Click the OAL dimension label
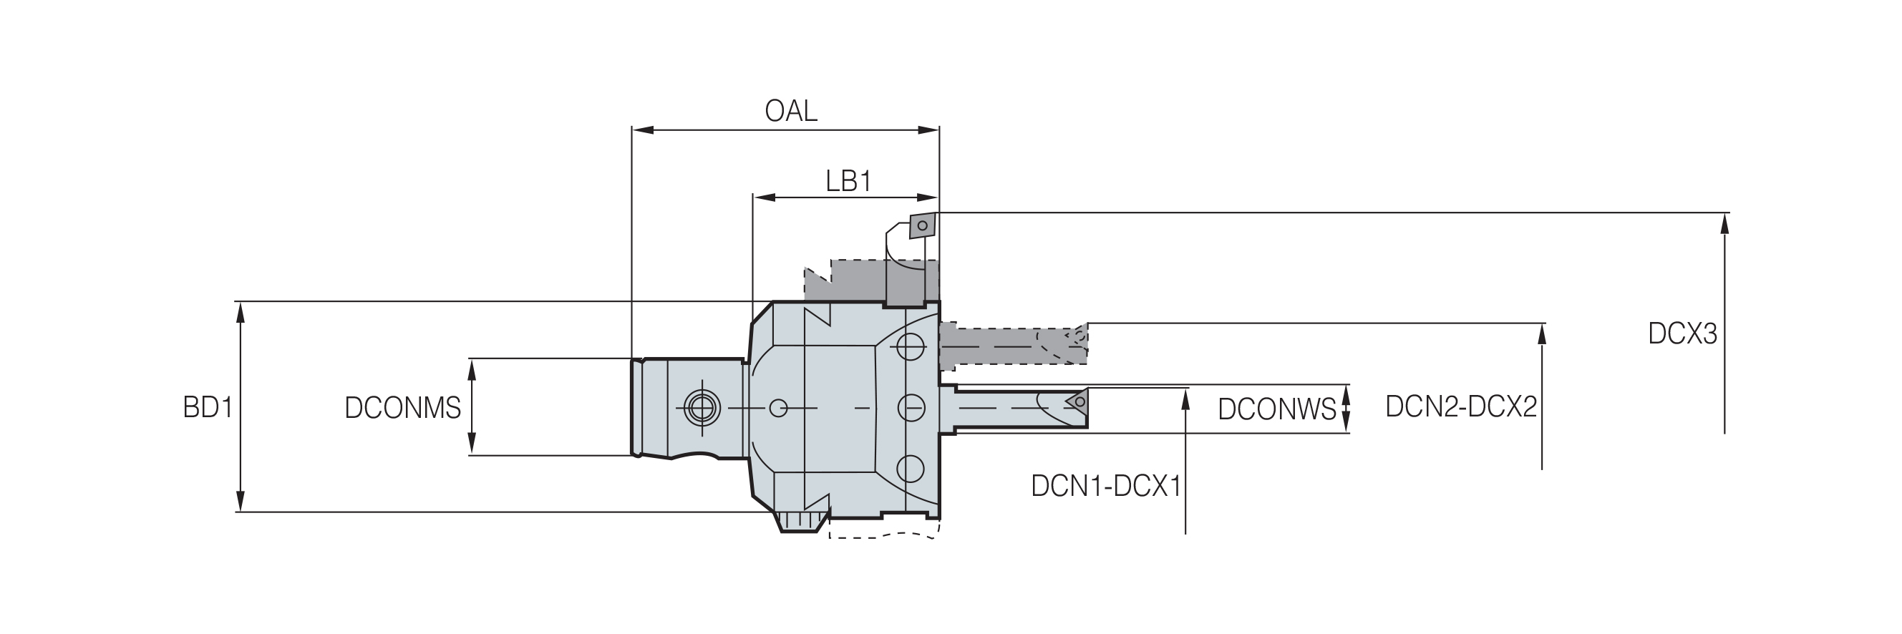tap(791, 112)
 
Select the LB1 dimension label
tap(848, 181)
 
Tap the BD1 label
tap(208, 407)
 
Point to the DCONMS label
tap(402, 408)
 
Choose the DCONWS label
tap(1276, 409)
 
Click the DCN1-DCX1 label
tap(1106, 487)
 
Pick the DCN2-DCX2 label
tap(1461, 406)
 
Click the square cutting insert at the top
tap(921, 226)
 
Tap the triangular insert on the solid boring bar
tap(1078, 401)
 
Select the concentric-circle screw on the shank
tap(702, 406)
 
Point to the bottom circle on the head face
tap(911, 469)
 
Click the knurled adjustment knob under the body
tap(801, 521)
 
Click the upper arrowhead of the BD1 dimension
tap(240, 312)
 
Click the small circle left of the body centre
tap(778, 407)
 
